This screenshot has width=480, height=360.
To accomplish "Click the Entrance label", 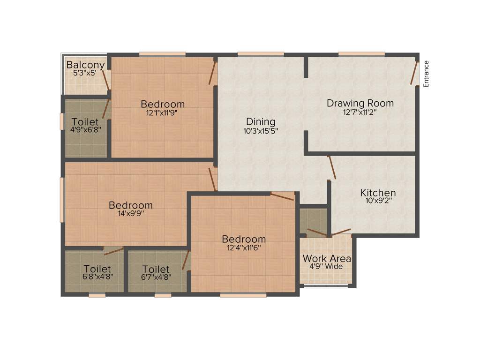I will [x=426, y=74].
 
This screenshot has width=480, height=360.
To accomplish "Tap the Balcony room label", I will [x=85, y=65].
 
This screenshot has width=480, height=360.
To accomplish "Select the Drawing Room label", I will [x=360, y=103].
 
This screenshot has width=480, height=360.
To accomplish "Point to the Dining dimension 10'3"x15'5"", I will [x=261, y=132].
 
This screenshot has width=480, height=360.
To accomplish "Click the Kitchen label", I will [x=378, y=193].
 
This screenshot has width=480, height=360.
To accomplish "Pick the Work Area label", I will [x=327, y=258].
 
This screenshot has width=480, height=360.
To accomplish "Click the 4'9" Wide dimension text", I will [x=326, y=267].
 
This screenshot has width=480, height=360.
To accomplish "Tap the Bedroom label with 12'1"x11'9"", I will [x=163, y=104].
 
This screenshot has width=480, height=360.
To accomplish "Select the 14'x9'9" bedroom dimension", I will [x=130, y=213].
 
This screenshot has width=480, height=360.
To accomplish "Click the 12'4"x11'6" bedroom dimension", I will [x=244, y=247].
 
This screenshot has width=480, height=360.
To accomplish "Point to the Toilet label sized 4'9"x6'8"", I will [x=85, y=122].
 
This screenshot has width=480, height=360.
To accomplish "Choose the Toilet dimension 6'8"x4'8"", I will [x=97, y=277].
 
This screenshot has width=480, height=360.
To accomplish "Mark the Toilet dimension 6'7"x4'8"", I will [x=156, y=277].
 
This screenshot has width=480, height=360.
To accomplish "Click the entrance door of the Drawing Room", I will [x=414, y=72].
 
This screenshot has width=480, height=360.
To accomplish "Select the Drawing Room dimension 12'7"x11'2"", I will [x=360, y=112].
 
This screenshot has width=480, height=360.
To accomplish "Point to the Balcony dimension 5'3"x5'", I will [x=85, y=73].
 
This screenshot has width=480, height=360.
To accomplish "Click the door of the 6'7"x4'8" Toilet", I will [x=186, y=261].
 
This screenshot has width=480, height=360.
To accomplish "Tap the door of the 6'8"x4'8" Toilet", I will [x=113, y=251].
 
